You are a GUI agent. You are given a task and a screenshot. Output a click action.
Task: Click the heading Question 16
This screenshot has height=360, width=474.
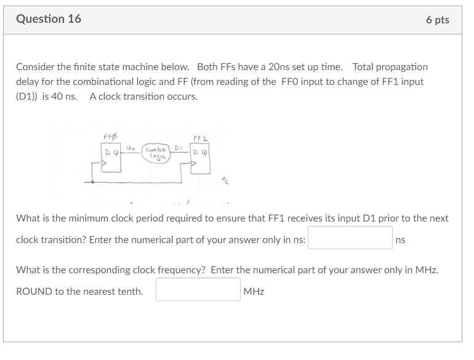[49, 19]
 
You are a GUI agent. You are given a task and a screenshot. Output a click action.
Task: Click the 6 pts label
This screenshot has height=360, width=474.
[437, 20]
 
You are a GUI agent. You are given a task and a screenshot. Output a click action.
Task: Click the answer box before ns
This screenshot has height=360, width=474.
[350, 238]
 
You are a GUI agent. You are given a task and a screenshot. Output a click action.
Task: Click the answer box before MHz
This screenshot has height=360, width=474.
[198, 290]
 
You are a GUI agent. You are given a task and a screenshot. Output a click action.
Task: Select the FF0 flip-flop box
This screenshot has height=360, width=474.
[111, 157]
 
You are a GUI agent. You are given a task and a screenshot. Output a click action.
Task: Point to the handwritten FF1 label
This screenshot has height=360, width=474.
[201, 138]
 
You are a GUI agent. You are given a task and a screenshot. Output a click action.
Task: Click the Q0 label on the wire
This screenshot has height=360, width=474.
[131, 147]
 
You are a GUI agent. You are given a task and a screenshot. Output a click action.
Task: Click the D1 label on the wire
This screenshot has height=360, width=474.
[178, 148]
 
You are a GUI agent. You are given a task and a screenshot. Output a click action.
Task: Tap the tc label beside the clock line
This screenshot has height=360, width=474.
[225, 180]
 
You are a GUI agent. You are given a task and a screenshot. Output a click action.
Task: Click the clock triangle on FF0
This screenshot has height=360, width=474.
[105, 164]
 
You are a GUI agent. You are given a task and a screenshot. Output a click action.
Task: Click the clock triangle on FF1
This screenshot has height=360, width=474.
[195, 164]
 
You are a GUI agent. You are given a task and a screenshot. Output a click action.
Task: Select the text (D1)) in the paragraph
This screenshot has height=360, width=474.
[28, 97]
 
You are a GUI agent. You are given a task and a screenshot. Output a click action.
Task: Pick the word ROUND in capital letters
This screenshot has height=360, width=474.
[33, 292]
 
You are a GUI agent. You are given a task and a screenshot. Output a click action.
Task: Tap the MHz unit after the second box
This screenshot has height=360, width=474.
[254, 292]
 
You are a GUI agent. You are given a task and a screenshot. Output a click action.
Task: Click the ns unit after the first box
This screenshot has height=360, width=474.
[401, 240]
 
